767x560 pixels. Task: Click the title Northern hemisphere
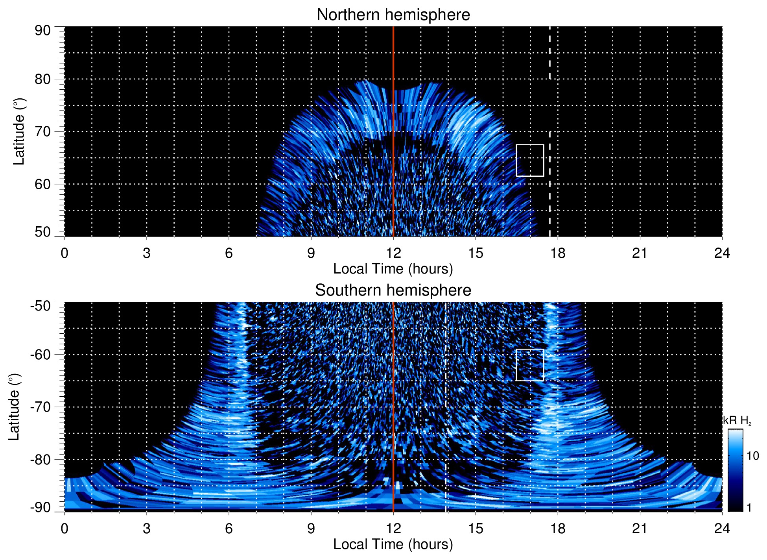pyautogui.click(x=393, y=15)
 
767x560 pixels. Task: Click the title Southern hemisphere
pyautogui.click(x=393, y=290)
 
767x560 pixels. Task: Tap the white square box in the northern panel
pyautogui.click(x=530, y=161)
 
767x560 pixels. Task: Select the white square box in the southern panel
pyautogui.click(x=530, y=365)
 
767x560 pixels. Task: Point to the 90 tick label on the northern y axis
pyautogui.click(x=42, y=31)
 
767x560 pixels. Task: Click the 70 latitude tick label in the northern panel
pyautogui.click(x=42, y=131)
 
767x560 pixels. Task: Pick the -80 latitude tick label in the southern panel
pyautogui.click(x=41, y=459)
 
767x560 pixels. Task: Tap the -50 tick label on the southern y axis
pyautogui.click(x=41, y=306)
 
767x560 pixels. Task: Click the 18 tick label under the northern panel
pyautogui.click(x=558, y=253)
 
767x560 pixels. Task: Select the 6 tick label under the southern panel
pyautogui.click(x=229, y=529)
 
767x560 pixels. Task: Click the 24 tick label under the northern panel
pyautogui.click(x=722, y=253)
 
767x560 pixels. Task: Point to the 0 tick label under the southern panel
pyautogui.click(x=65, y=529)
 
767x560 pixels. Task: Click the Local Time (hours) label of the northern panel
pyautogui.click(x=393, y=269)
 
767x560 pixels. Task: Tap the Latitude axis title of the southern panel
pyautogui.click(x=14, y=407)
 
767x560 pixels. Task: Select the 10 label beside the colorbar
pyautogui.click(x=752, y=456)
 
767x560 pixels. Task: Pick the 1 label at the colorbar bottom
pyautogui.click(x=749, y=508)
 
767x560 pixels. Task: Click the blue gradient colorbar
pyautogui.click(x=735, y=470)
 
